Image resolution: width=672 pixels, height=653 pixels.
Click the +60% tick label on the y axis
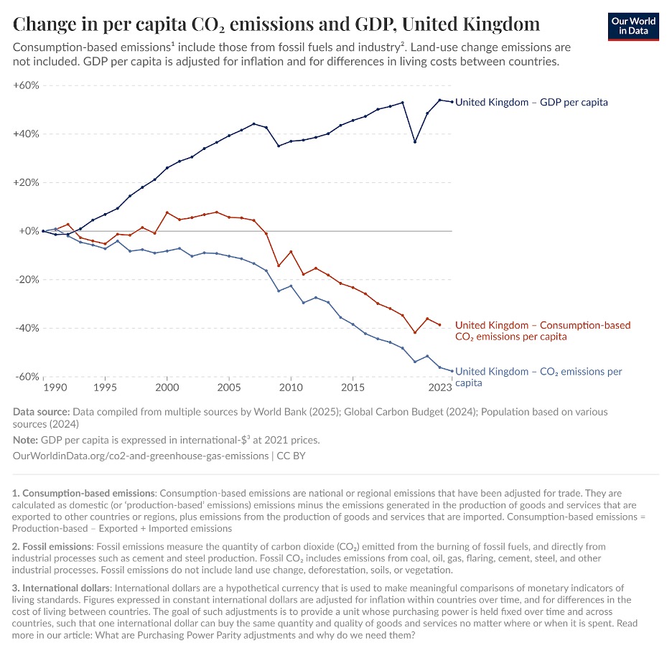(26, 85)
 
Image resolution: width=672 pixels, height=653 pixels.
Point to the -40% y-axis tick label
(26, 329)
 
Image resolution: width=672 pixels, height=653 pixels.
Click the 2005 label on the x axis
(229, 387)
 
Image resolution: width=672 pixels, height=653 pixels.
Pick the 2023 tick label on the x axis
(440, 387)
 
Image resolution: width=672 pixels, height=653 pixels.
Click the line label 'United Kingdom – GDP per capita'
(531, 103)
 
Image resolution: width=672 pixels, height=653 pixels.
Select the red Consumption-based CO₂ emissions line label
(542, 331)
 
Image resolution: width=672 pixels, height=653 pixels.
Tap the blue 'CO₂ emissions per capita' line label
(538, 377)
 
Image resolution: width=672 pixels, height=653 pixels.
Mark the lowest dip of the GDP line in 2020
(415, 141)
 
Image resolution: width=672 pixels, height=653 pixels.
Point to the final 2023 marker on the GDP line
(452, 101)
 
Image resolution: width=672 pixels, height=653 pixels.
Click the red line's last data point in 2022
(439, 324)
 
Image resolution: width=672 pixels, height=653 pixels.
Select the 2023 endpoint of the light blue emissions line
(452, 371)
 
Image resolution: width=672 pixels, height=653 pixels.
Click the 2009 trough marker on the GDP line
(279, 146)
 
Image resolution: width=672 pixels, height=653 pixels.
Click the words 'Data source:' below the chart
(41, 412)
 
